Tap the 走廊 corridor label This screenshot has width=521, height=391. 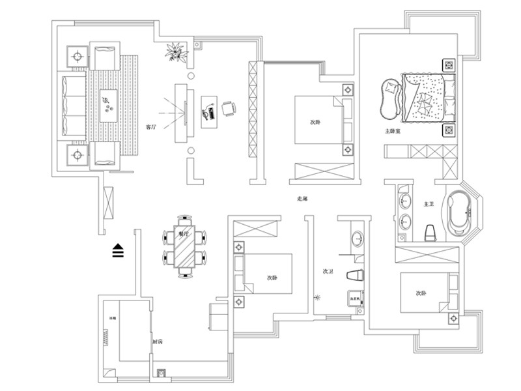302,199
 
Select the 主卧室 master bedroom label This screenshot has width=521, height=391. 392,132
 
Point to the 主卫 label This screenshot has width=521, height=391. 429,205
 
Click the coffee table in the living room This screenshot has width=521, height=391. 106,106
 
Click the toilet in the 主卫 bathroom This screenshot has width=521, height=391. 430,231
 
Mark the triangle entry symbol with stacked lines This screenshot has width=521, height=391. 118,250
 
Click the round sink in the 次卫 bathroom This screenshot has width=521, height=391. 358,239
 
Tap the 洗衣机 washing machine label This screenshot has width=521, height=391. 355,299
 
